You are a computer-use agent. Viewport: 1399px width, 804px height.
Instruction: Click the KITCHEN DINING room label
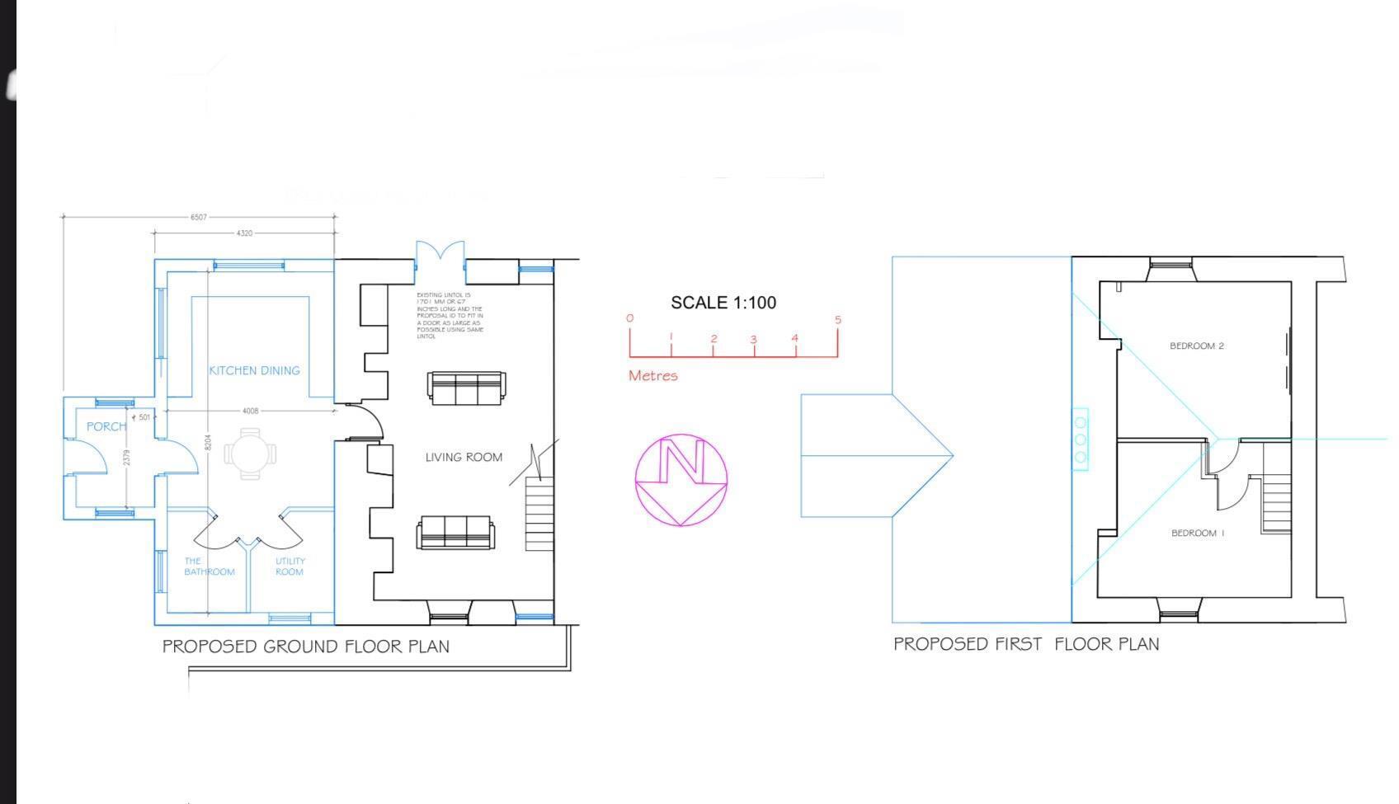(254, 371)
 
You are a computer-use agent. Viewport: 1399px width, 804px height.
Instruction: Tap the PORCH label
(106, 426)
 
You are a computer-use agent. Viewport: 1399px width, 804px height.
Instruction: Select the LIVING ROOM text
(464, 458)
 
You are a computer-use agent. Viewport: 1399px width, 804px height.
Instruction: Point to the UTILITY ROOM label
(290, 567)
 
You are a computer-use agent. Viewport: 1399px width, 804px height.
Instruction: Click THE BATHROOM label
(209, 567)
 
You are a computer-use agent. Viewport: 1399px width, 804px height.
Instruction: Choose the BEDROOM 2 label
(1196, 346)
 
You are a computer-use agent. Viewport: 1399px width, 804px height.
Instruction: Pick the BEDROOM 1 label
(1197, 534)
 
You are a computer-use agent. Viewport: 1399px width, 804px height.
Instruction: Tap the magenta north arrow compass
(681, 480)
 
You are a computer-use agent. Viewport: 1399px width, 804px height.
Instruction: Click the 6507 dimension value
(199, 217)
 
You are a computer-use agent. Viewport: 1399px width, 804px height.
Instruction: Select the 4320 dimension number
(244, 233)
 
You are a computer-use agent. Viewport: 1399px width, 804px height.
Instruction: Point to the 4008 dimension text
(250, 411)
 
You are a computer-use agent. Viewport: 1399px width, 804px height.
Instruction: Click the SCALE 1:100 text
(723, 303)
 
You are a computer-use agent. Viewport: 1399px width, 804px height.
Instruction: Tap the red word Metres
(652, 376)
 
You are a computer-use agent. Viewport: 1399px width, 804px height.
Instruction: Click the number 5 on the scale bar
(838, 320)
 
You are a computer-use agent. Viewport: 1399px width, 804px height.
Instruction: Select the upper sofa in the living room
(466, 388)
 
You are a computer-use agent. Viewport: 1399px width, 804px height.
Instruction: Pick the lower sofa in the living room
(455, 532)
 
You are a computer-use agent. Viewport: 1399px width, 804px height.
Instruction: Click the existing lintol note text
(450, 316)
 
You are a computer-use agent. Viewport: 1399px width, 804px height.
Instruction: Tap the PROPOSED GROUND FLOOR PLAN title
(306, 646)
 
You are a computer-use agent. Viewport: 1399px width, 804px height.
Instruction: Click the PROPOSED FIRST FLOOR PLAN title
(1026, 644)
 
